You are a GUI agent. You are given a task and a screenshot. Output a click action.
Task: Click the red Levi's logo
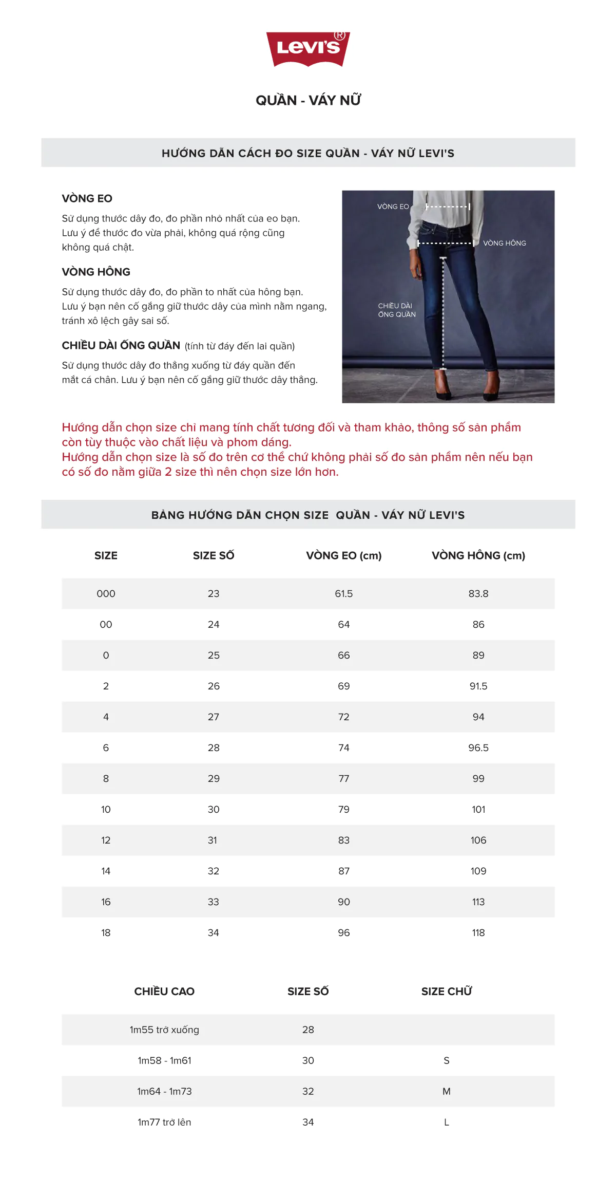click(308, 49)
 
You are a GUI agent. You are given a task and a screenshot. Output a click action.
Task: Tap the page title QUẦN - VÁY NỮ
click(308, 100)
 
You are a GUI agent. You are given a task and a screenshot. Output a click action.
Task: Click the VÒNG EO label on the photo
click(393, 207)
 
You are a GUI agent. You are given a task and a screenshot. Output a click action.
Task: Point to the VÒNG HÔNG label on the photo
click(504, 243)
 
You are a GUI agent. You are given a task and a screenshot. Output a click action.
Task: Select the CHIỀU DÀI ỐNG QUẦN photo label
click(396, 310)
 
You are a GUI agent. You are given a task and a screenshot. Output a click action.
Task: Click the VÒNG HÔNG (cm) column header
click(478, 555)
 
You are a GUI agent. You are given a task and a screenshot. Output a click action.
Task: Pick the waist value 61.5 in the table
click(343, 593)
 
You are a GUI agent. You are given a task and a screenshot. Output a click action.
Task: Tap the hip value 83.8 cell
click(478, 593)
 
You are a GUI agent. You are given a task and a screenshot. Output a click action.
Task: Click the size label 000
click(106, 593)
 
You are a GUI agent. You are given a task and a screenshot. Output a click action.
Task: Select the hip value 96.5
click(478, 747)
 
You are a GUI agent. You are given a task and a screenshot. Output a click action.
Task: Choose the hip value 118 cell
click(478, 932)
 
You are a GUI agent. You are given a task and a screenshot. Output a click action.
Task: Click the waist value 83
click(343, 840)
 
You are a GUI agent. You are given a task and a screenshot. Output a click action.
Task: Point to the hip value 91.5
click(478, 686)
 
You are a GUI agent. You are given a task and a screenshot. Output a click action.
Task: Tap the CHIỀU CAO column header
click(164, 992)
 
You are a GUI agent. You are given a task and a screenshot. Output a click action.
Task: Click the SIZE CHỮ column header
click(446, 992)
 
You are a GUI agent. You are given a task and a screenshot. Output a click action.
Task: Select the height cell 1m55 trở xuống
click(164, 1030)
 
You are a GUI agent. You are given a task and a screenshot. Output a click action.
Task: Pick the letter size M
click(446, 1091)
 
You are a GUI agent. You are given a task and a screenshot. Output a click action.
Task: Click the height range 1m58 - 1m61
click(164, 1060)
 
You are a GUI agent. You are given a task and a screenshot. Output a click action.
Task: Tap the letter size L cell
click(446, 1122)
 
